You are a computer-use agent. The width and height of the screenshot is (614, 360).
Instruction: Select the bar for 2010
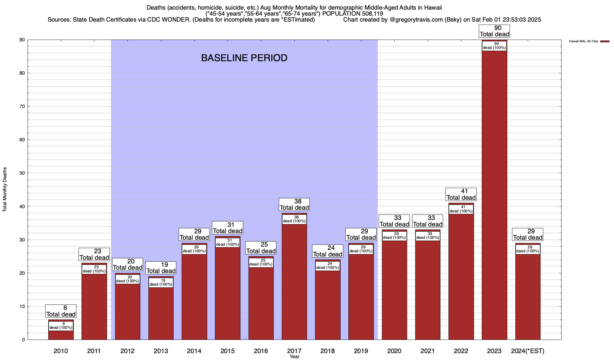pos(61,335)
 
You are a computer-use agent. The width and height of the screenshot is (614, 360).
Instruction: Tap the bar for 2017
pos(294,282)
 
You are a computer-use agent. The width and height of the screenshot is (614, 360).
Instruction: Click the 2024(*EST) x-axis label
pos(528,351)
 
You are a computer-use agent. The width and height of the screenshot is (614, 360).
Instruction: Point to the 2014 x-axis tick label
pos(194,351)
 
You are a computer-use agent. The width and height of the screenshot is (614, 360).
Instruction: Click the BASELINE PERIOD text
pos(244,58)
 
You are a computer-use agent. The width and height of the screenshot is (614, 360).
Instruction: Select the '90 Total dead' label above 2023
pos(494,31)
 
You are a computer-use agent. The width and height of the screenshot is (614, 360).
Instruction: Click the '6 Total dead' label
pos(61,311)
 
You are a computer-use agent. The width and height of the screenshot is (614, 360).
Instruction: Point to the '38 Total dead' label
pos(294,204)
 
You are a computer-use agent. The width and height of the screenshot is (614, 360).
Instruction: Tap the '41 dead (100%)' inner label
pos(461,209)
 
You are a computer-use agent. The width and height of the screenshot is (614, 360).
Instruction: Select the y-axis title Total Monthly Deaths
pos(5,190)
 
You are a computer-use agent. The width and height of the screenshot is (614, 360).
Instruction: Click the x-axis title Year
pos(294,357)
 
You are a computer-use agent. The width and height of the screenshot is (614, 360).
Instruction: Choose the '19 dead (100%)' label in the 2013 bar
pos(161,283)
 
